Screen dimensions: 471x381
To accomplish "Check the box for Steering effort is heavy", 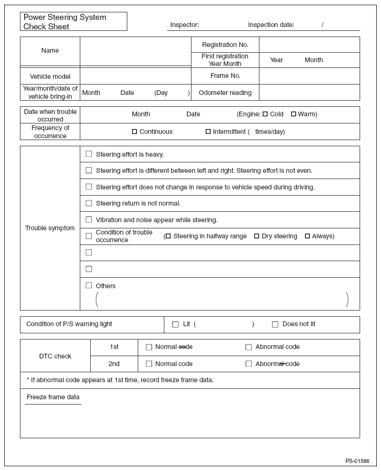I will (x=89, y=154).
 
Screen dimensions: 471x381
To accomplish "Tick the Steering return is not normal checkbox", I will (x=89, y=203).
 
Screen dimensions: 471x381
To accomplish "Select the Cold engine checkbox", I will (x=265, y=114).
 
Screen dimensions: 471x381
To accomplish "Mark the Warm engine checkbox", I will (x=294, y=114).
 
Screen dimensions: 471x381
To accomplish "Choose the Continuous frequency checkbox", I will (x=134, y=132).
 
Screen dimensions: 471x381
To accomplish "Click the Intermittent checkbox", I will (x=208, y=132).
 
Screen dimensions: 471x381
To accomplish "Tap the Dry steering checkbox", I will (x=257, y=236).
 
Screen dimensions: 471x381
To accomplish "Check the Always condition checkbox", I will (x=307, y=236).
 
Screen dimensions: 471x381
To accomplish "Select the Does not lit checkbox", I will (x=275, y=324).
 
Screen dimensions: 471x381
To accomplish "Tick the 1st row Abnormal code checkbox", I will (x=248, y=347).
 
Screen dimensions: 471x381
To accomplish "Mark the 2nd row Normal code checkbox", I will (x=149, y=364).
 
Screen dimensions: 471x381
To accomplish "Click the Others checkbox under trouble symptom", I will (x=89, y=285).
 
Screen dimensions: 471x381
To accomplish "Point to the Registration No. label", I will (x=225, y=45).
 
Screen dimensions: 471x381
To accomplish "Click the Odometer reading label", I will (x=225, y=93).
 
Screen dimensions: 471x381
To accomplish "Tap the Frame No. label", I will (x=225, y=75).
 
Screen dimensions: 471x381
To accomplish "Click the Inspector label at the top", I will (x=184, y=25).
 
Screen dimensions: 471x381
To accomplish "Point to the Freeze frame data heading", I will (x=53, y=397).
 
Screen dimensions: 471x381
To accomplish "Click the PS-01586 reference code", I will (x=357, y=461).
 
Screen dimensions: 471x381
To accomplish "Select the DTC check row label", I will (x=55, y=356).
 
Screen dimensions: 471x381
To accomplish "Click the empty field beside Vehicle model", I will (x=135, y=76).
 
